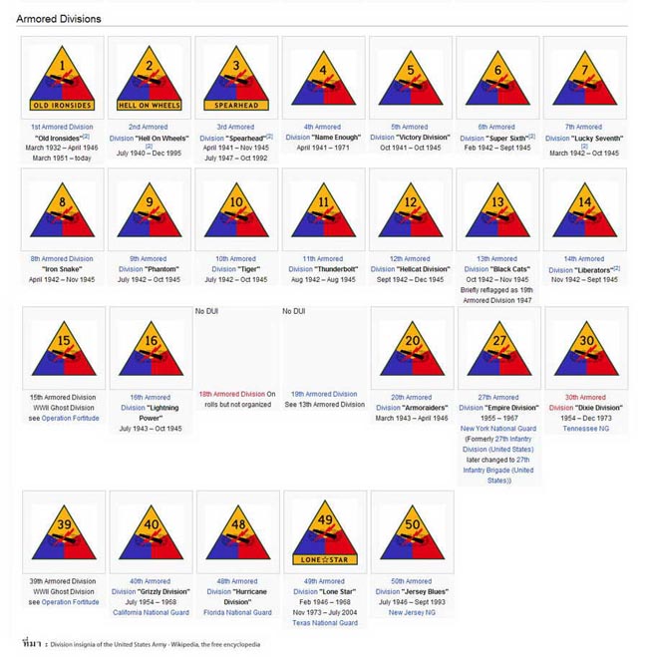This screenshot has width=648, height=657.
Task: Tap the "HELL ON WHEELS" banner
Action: (150, 105)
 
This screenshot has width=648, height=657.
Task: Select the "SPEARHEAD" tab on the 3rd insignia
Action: (236, 105)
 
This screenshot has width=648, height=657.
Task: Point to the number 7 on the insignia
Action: (585, 70)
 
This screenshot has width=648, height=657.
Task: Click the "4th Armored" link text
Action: (323, 127)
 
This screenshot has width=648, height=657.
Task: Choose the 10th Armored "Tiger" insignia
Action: (236, 209)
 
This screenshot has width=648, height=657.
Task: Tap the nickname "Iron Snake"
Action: (62, 269)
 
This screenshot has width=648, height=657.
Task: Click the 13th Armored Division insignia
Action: (498, 209)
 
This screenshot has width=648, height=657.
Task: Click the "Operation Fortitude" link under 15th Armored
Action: (70, 419)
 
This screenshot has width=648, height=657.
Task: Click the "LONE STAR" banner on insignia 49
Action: (323, 560)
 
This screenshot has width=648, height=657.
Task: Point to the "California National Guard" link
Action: (150, 613)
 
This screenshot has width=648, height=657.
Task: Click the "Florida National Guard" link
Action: (236, 613)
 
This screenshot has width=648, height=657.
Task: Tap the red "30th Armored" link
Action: (585, 397)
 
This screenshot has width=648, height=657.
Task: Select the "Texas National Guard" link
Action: (323, 623)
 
